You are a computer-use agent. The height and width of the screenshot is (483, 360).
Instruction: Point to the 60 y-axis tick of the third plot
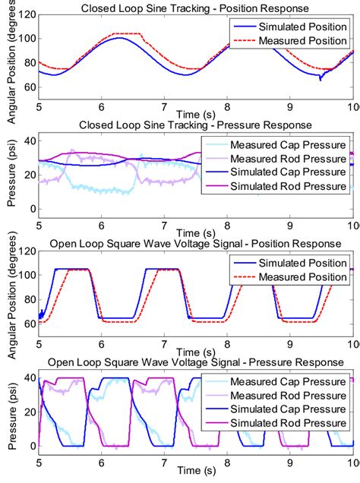click(28, 324)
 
